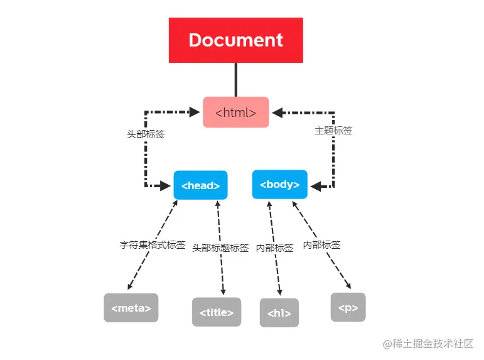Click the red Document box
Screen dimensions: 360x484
click(235, 40)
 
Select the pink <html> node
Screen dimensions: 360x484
click(235, 112)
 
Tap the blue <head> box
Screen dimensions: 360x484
click(200, 185)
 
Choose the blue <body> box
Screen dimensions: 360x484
click(279, 185)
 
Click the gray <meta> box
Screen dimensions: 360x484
click(131, 308)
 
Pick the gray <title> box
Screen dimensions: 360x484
click(217, 312)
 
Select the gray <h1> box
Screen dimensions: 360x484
click(279, 313)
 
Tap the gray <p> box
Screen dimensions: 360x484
click(348, 308)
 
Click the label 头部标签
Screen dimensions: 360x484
click(145, 134)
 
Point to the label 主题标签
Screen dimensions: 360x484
click(333, 131)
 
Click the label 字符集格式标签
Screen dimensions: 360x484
click(153, 245)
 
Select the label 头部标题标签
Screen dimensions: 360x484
click(220, 248)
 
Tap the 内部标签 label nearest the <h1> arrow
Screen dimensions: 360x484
click(274, 248)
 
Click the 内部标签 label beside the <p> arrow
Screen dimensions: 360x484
click(321, 245)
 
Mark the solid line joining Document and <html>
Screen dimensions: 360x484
click(236, 80)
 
